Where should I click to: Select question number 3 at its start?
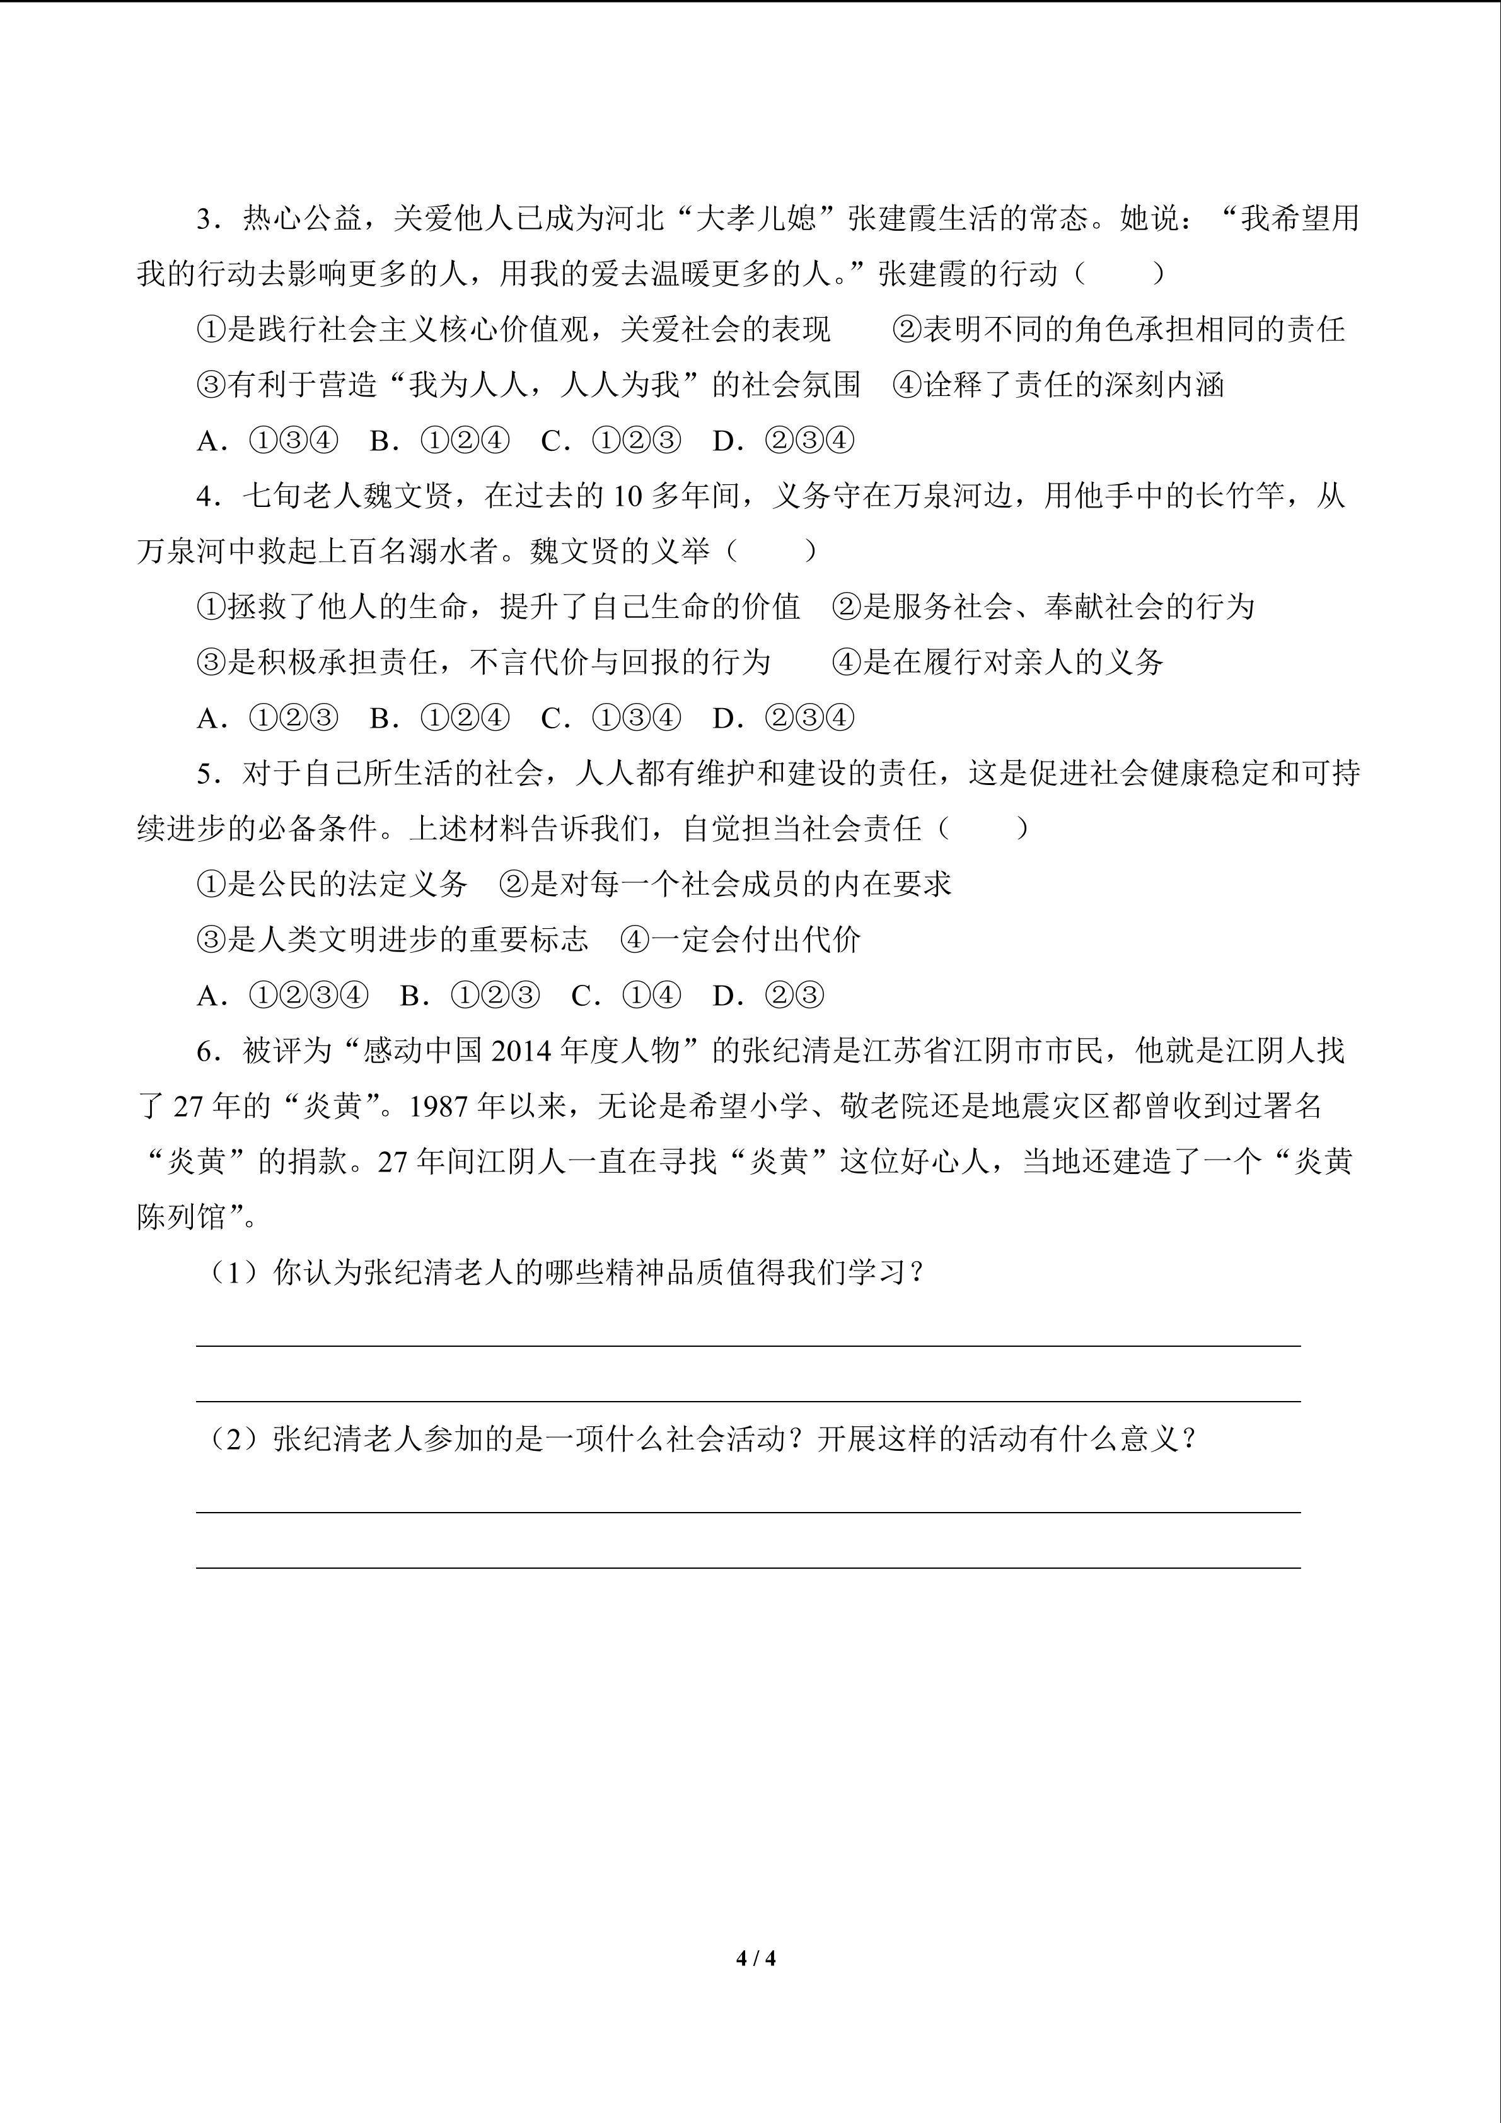coord(205,219)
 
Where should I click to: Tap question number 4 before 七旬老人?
coord(205,496)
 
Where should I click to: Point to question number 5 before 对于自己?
coord(205,774)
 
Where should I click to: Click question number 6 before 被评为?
coord(205,1051)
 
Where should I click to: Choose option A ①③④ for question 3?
coord(268,441)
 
